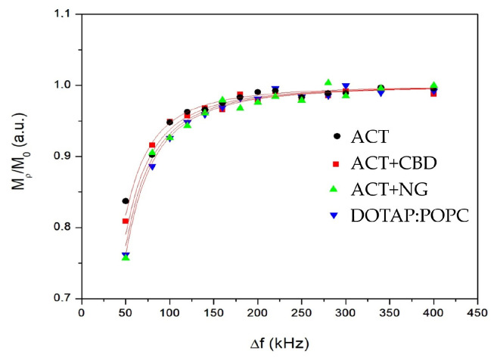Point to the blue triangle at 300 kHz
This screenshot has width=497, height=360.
[x=346, y=86]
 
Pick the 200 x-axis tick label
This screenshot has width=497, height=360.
[x=257, y=312]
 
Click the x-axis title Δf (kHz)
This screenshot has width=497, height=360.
[x=280, y=342]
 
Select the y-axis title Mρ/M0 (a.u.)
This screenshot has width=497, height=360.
[x=17, y=156]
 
